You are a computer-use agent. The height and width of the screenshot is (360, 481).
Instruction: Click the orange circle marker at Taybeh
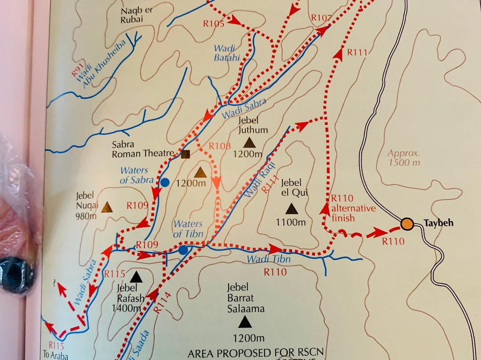coord(406,224)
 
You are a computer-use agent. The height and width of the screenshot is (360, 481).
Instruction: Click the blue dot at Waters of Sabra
coord(165,182)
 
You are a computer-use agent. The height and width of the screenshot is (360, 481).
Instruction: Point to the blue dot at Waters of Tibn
coord(183,250)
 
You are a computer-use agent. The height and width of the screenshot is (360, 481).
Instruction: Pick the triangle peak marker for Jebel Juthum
coord(250,143)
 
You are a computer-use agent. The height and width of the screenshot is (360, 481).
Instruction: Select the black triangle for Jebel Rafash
coord(136,277)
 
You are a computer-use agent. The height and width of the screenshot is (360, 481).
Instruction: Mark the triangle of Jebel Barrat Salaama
coord(245,321)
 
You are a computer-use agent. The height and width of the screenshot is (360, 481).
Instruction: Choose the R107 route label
coord(322,17)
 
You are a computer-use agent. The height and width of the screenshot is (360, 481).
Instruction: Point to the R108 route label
coord(220,146)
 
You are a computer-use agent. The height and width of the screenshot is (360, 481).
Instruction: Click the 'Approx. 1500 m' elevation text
coord(404,157)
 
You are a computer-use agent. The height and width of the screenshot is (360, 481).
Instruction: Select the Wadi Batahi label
coord(227,53)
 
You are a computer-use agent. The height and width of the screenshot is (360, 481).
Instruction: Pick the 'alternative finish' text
coord(353,213)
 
